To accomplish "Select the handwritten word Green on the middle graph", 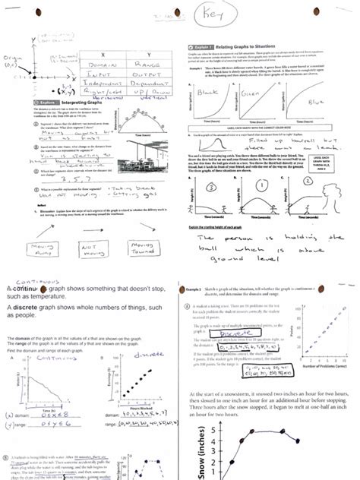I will pos(254,96).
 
